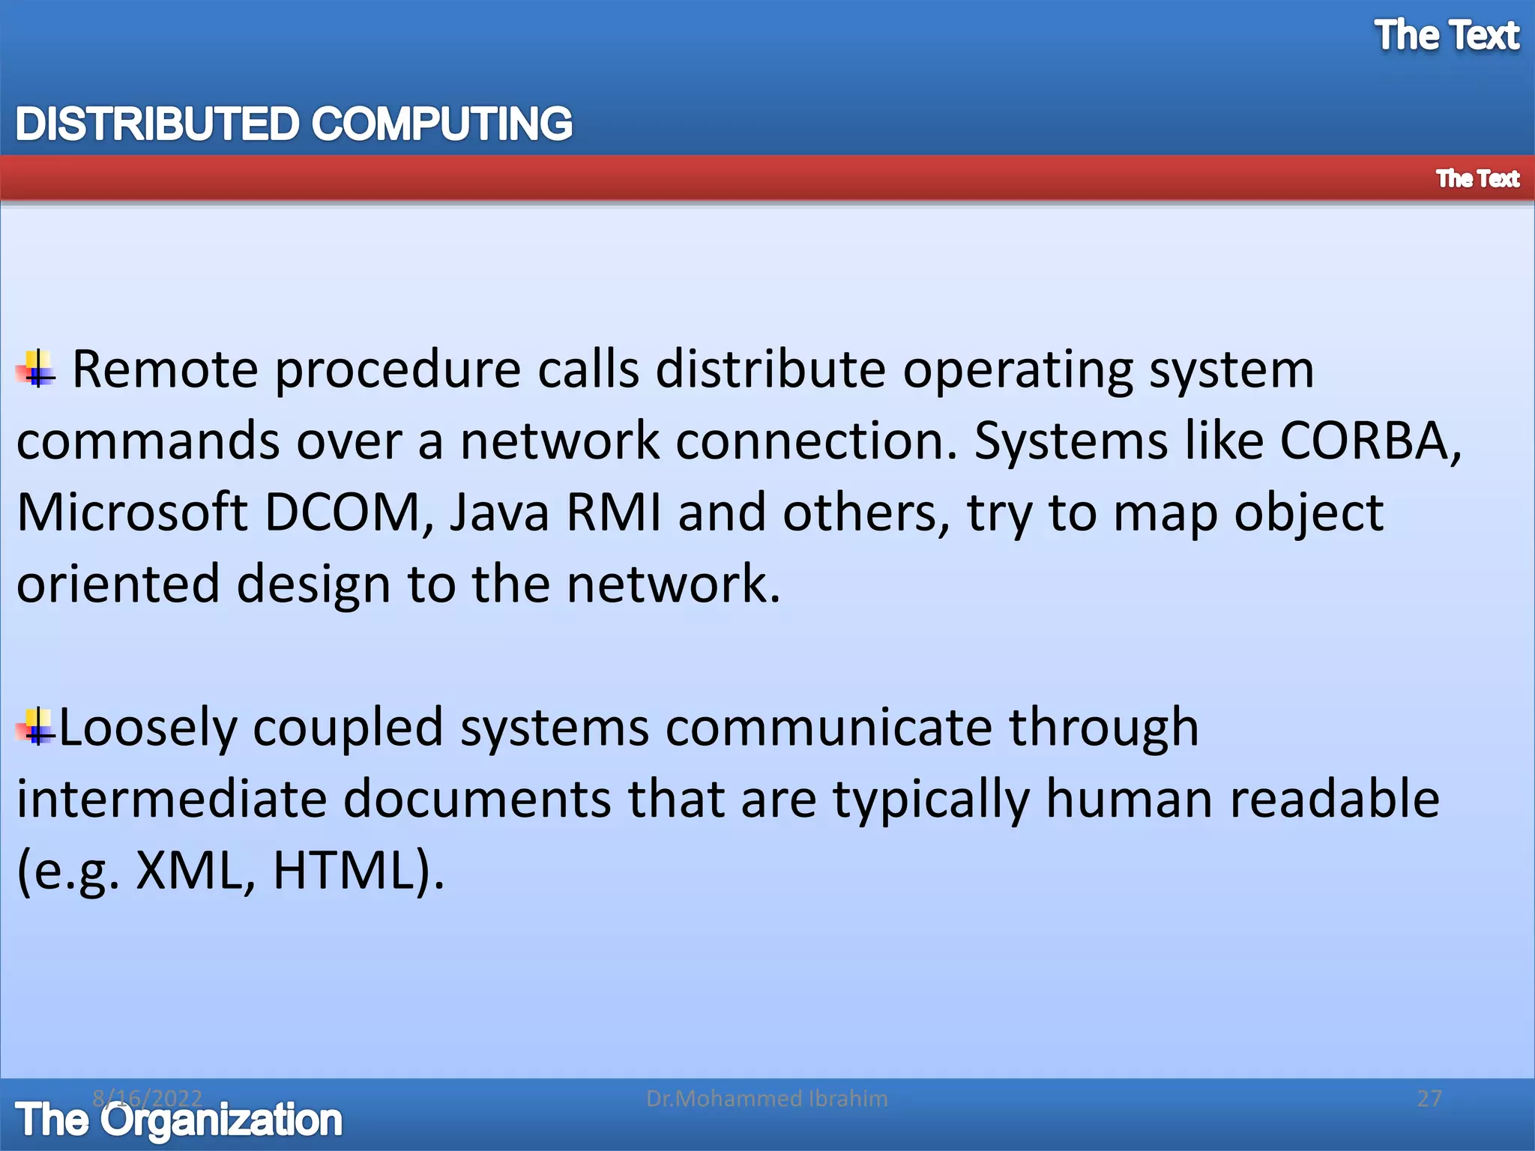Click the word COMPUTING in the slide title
coord(441,124)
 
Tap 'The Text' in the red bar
coord(1477,178)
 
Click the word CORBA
coord(1364,441)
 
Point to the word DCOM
coord(343,513)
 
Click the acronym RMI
coord(613,513)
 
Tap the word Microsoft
coord(132,513)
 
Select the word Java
coord(499,513)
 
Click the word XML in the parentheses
coord(189,871)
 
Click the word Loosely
coord(147,728)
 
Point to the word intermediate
coord(172,799)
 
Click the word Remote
coord(165,369)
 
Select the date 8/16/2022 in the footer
coord(147,1098)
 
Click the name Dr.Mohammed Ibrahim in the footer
coord(767,1099)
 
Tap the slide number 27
coord(1429,1099)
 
